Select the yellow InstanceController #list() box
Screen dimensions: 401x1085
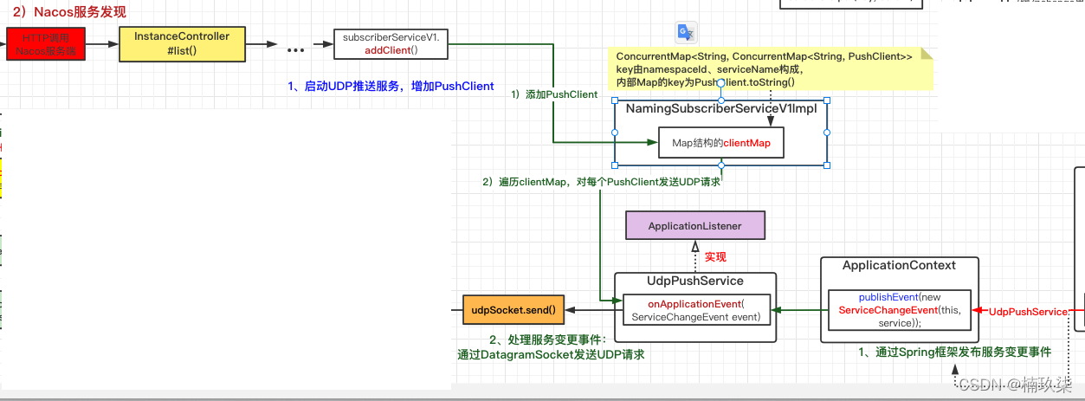182,43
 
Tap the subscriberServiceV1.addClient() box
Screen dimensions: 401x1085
391,44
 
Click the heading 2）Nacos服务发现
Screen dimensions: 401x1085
68,11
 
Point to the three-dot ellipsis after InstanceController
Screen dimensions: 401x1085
296,49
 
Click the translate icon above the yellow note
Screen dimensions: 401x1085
686,32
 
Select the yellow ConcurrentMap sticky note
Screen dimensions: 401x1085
769,68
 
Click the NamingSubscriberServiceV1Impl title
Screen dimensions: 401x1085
720,108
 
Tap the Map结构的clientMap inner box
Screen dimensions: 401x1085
720,144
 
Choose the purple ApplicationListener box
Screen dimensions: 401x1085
695,226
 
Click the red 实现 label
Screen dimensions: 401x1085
715,257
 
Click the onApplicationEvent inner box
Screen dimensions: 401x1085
695,310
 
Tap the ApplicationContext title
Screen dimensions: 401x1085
899,265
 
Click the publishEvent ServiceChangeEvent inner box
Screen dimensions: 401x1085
901,310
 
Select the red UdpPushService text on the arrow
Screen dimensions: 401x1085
1028,312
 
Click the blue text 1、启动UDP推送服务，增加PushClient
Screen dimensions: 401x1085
391,86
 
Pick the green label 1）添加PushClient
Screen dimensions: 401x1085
554,94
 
